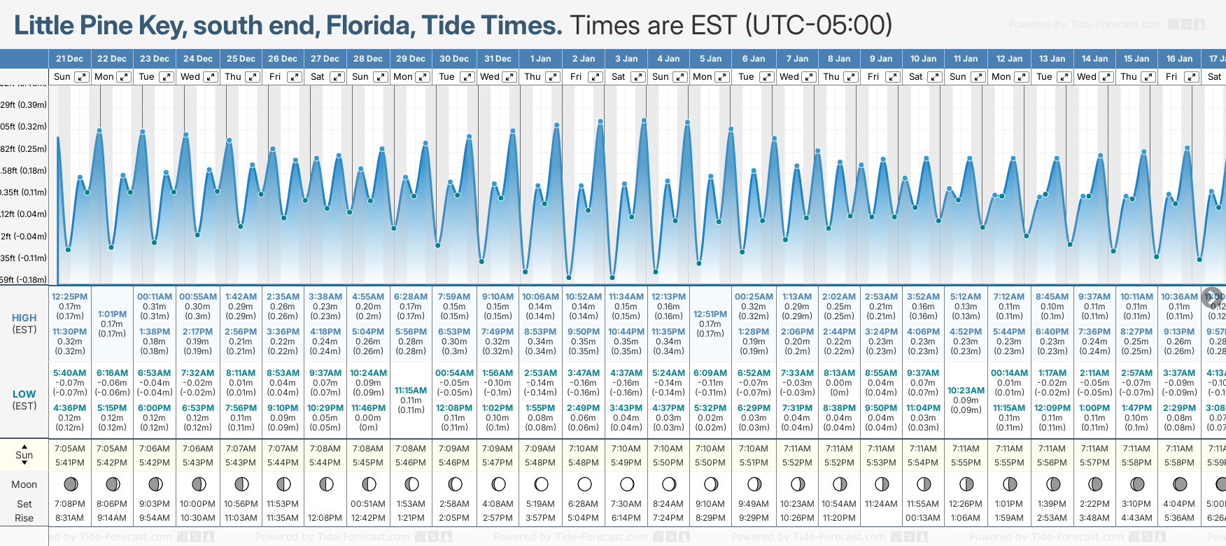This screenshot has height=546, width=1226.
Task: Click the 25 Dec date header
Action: click(x=241, y=59)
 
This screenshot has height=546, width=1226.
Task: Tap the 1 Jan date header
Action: click(x=540, y=59)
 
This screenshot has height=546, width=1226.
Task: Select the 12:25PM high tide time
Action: click(x=69, y=297)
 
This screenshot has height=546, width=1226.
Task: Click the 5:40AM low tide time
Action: click(x=69, y=373)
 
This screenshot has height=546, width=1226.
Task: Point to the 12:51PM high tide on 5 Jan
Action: click(x=710, y=314)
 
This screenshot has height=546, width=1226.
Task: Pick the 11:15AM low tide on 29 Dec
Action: click(x=411, y=391)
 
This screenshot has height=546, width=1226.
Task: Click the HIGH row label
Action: click(x=24, y=318)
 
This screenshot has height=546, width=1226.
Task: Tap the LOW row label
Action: click(x=24, y=394)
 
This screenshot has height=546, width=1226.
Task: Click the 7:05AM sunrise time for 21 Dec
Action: click(x=69, y=449)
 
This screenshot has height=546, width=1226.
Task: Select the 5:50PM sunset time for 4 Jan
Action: click(x=668, y=463)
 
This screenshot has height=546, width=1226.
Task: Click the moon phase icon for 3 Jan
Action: click(x=627, y=484)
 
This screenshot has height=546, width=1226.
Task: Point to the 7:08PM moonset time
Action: click(x=69, y=504)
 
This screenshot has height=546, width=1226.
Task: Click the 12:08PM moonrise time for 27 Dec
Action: click(x=325, y=518)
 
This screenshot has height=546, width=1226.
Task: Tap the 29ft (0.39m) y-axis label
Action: click(x=24, y=105)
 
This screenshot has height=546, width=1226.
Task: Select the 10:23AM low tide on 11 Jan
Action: click(x=966, y=391)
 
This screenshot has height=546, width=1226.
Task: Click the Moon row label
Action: click(x=24, y=484)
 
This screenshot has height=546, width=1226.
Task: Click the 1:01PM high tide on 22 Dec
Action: click(x=112, y=314)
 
